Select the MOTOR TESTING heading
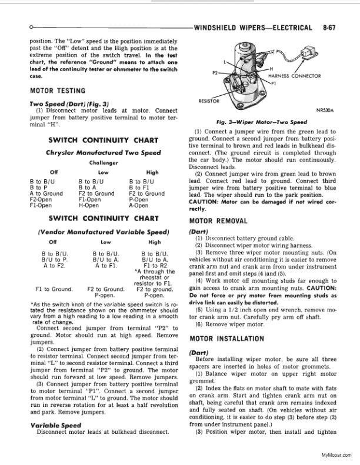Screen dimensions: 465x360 point(57,91)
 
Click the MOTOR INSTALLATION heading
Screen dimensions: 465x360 point(226,339)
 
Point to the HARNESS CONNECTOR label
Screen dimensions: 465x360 point(294,76)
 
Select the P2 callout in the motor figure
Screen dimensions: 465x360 point(215,73)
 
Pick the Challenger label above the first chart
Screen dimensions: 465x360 point(104,163)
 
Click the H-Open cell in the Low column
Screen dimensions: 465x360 point(89,206)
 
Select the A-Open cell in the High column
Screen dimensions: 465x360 point(139,206)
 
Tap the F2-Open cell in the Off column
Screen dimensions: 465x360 point(40,199)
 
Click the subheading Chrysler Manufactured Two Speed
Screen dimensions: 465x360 point(104,153)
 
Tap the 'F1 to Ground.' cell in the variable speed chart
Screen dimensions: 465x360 point(54,289)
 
